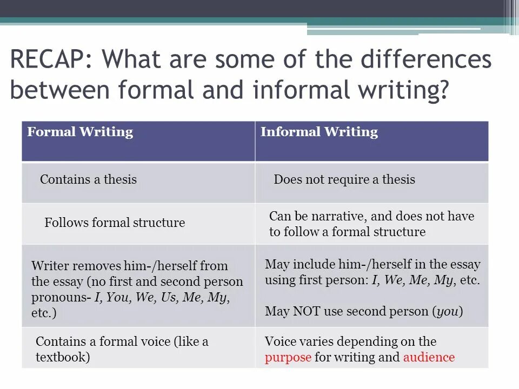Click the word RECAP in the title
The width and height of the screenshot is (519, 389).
46,59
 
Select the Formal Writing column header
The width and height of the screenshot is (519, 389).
80,132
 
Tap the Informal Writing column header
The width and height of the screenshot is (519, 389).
319,132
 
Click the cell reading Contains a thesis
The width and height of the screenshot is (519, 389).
88,179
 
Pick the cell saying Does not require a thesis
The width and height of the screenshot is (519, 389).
344,179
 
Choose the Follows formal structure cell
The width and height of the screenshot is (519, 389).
115,223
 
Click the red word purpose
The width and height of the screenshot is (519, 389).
288,357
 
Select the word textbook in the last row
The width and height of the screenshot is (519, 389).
61,358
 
